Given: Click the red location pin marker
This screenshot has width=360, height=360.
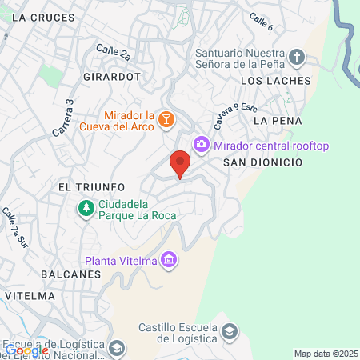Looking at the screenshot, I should (x=180, y=164).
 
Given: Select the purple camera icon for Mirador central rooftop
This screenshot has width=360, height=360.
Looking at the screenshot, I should (x=202, y=145).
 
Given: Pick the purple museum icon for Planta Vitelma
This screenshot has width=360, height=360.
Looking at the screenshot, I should (x=169, y=260).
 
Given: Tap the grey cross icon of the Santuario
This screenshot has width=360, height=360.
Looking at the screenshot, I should (x=297, y=56).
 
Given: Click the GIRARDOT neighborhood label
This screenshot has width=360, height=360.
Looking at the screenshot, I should (x=112, y=77).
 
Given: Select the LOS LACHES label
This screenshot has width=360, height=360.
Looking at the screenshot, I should (x=275, y=82).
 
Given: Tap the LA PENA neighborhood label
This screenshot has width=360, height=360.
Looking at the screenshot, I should (x=277, y=120).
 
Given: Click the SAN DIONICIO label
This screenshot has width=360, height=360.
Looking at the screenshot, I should (x=262, y=162).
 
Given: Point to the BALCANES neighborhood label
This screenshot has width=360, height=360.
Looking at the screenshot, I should (x=70, y=274).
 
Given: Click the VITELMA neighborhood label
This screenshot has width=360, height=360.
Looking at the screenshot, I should (x=29, y=295).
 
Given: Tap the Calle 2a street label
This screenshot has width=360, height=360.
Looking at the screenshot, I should (x=113, y=54).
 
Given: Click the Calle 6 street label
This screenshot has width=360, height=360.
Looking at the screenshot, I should (x=261, y=22).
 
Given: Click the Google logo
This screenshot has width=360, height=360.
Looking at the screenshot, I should (x=26, y=350).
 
